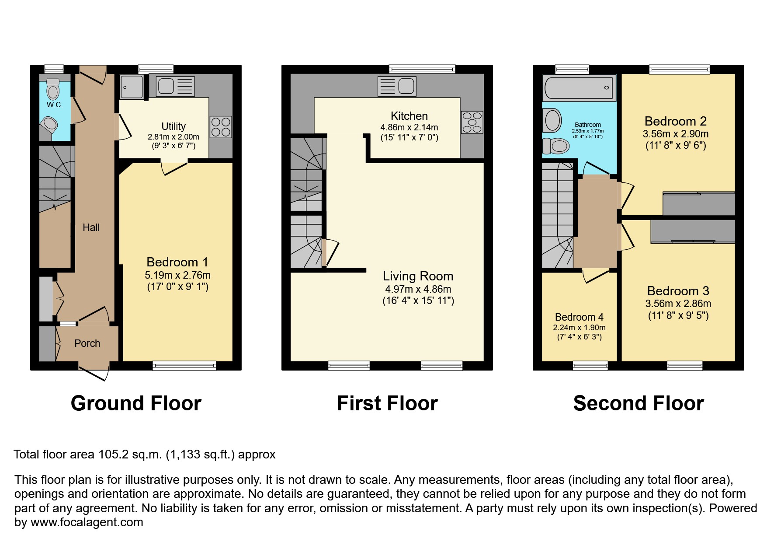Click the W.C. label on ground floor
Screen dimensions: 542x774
click(55, 105)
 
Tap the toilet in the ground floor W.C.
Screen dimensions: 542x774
click(53, 89)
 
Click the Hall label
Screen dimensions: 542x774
click(91, 227)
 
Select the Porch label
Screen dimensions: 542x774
click(87, 343)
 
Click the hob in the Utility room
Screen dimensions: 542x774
click(221, 127)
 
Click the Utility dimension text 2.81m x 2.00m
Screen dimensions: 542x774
click(174, 136)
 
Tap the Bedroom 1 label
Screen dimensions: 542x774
click(177, 262)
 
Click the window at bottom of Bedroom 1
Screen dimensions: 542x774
click(184, 365)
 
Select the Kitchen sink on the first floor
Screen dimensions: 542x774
click(397, 86)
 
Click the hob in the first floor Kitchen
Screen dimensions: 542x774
click(472, 122)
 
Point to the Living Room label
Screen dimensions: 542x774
click(418, 276)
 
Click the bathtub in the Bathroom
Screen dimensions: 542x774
click(578, 87)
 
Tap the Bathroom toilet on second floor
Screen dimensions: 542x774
click(556, 145)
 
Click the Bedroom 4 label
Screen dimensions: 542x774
click(579, 317)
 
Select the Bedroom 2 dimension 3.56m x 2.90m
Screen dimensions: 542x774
click(675, 134)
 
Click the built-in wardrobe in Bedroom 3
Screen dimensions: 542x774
click(693, 231)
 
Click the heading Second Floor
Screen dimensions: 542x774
click(638, 403)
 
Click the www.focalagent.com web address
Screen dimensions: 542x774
click(87, 522)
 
